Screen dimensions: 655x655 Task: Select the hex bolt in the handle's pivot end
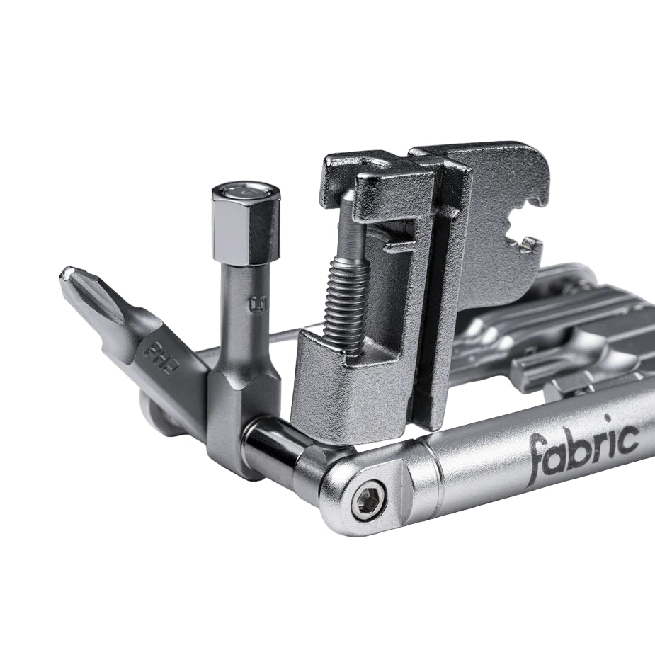pyautogui.click(x=368, y=499)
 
